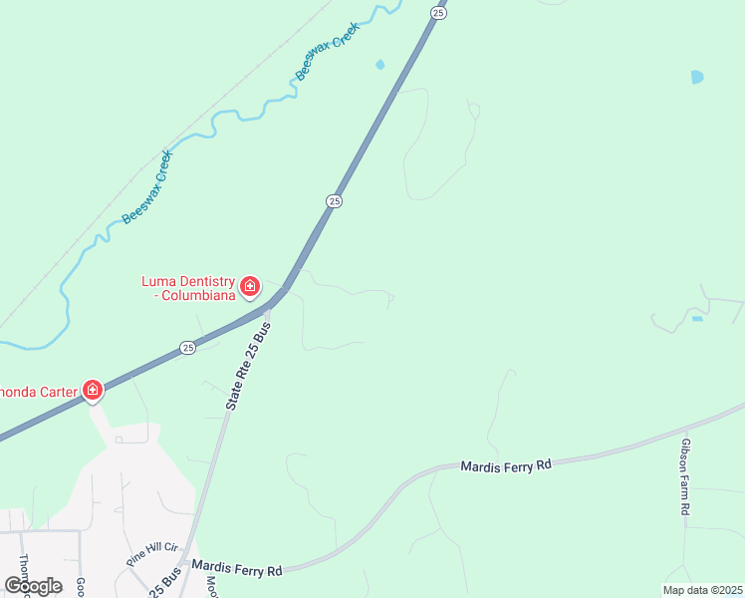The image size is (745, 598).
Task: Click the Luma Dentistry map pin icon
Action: pyautogui.click(x=249, y=288)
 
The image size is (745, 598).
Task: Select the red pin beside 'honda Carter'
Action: pyautogui.click(x=92, y=390)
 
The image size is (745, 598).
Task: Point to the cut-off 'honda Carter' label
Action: pyautogui.click(x=38, y=392)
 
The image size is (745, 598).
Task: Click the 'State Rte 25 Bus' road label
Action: pyautogui.click(x=248, y=367)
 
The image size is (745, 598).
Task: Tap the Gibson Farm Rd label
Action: pyautogui.click(x=685, y=475)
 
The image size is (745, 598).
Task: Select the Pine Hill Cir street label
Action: pyautogui.click(x=151, y=554)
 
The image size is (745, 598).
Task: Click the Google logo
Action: pyautogui.click(x=34, y=586)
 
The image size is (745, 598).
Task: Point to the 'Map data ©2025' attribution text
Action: pyautogui.click(x=702, y=590)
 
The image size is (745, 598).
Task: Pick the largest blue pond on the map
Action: pyautogui.click(x=697, y=77)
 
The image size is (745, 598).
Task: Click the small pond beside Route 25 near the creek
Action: pyautogui.click(x=379, y=65)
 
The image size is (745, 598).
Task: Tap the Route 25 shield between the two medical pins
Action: pyautogui.click(x=187, y=347)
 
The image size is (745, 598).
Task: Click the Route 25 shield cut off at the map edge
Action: pyautogui.click(x=438, y=10)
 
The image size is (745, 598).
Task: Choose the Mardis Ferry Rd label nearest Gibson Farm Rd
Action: pyautogui.click(x=505, y=465)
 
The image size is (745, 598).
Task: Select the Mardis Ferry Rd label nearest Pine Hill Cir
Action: pyautogui.click(x=237, y=568)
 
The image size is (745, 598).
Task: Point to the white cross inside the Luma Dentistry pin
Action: pyautogui.click(x=249, y=287)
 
